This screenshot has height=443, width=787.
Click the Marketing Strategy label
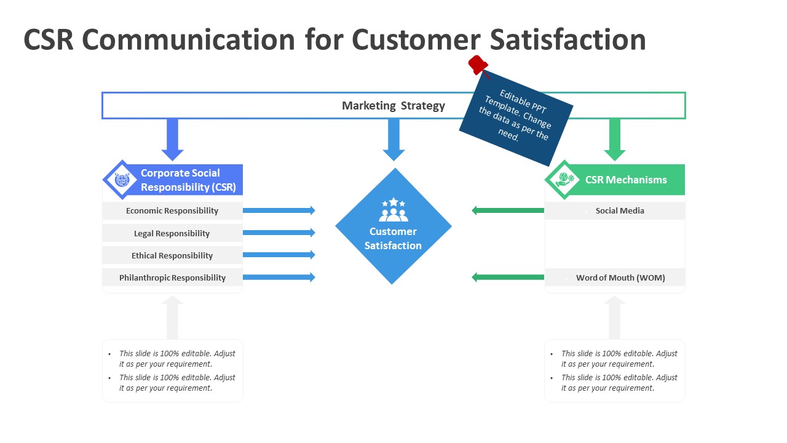[393, 106]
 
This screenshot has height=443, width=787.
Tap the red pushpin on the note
[478, 64]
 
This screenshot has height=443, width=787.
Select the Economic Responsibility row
[172, 211]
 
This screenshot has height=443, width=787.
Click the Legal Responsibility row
[172, 233]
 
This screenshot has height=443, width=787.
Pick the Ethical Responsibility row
[172, 255]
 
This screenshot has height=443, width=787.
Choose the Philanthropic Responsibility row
[172, 277]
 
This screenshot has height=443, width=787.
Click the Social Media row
[620, 211]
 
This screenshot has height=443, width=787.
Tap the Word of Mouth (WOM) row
[620, 277]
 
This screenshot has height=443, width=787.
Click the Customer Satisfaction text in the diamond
[393, 239]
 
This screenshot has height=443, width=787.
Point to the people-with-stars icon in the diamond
[393, 210]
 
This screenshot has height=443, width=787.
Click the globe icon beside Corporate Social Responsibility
[122, 180]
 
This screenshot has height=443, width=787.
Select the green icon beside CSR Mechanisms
[564, 180]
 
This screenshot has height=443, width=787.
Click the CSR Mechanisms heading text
[626, 180]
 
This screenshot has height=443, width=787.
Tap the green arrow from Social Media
[508, 211]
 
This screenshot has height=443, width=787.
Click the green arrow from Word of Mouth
[508, 277]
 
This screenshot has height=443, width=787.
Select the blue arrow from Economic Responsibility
[279, 210]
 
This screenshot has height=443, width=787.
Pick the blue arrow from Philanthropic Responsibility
[279, 277]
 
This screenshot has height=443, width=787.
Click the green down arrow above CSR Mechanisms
[614, 140]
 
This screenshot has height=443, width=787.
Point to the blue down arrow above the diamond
[393, 140]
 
